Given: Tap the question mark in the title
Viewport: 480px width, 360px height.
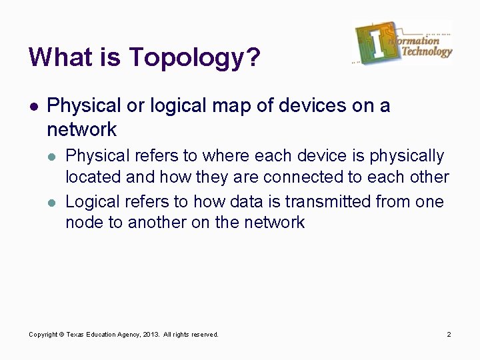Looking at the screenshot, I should (252, 57).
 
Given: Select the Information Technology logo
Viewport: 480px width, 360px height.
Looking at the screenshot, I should (403, 44).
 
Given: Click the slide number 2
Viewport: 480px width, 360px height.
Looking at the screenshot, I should (449, 334).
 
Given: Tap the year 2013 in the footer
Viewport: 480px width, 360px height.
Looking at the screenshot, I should (151, 334).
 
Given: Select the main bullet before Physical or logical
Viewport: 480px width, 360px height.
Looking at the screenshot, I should (33, 105).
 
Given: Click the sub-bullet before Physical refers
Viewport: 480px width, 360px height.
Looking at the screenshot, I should (53, 157).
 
